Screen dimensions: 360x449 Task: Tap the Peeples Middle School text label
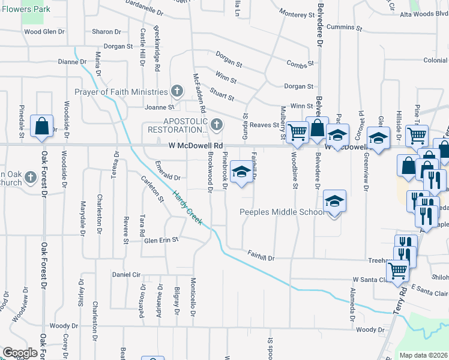point(282,212)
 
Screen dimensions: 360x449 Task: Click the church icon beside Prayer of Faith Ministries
point(176,91)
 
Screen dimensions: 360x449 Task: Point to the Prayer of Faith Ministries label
point(121,92)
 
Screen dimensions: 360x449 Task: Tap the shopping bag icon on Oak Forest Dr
point(41,126)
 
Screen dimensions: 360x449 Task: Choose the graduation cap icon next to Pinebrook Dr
point(241,172)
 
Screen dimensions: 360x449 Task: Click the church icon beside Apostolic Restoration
point(217,125)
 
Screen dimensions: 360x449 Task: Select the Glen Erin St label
point(161,240)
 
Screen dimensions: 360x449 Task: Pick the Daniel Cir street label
point(126,274)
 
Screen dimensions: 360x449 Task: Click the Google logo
point(20,353)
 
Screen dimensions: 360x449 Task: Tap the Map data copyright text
point(423,355)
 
